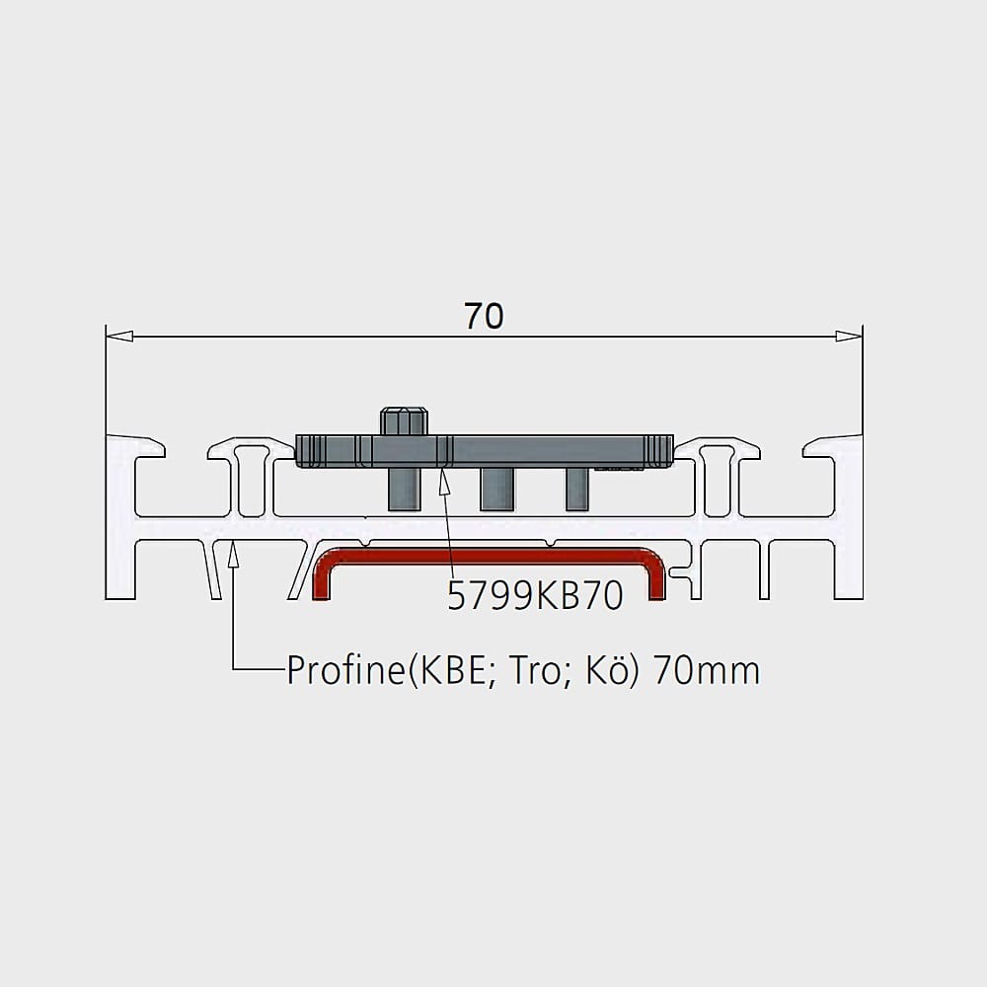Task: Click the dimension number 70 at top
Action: tap(484, 316)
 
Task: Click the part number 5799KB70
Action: tap(535, 595)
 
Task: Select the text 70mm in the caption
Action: tap(707, 671)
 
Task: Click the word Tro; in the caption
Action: tap(535, 671)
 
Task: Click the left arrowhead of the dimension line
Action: tap(119, 337)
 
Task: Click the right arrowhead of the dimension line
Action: tap(849, 337)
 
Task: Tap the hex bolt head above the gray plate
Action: tap(404, 421)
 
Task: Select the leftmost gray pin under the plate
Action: tap(404, 490)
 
